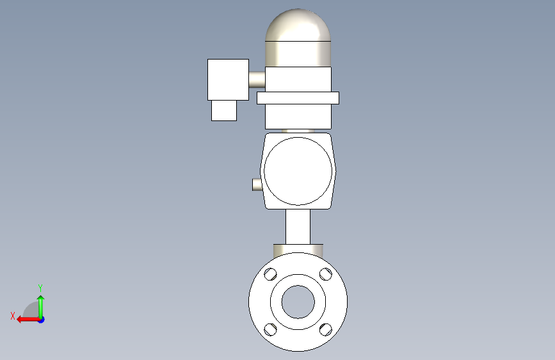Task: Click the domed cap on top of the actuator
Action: coord(298,25)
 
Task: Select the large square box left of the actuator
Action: coord(228,79)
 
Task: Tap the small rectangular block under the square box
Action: coord(224,111)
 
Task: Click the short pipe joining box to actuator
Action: coord(257,79)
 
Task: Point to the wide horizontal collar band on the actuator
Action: coord(298,98)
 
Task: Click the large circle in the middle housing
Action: coord(298,138)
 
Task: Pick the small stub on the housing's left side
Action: coord(257,184)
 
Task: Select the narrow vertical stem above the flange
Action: coord(298,227)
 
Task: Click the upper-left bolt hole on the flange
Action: coord(270,274)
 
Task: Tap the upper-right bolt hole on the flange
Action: coord(326,274)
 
